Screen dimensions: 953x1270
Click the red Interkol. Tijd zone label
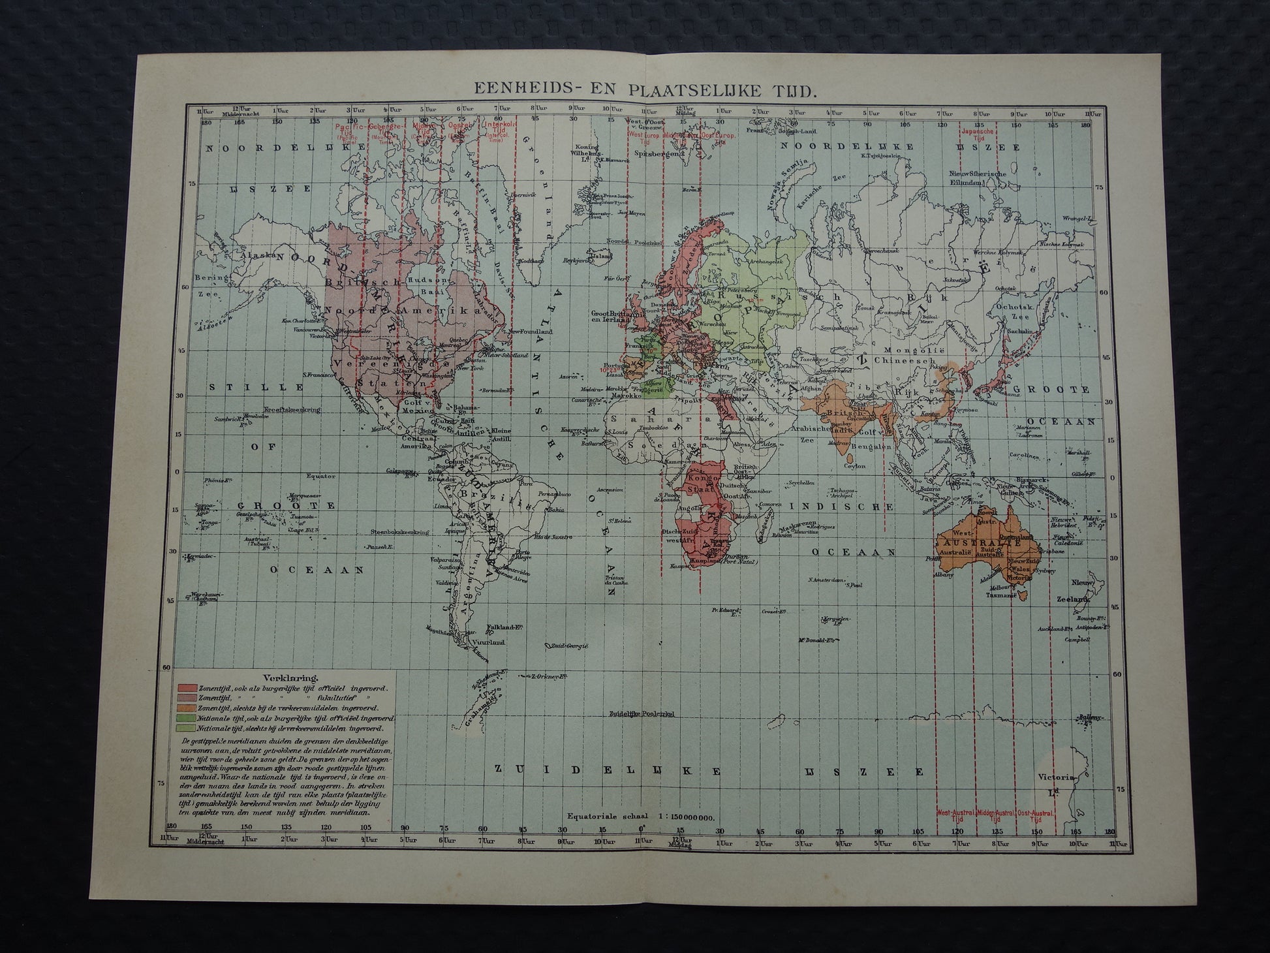[500, 125]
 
